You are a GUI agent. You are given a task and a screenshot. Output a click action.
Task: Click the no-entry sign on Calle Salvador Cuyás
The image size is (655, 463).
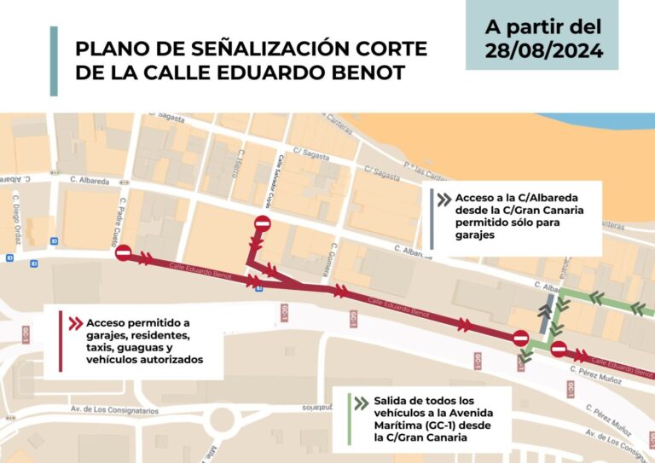tap(262, 224)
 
